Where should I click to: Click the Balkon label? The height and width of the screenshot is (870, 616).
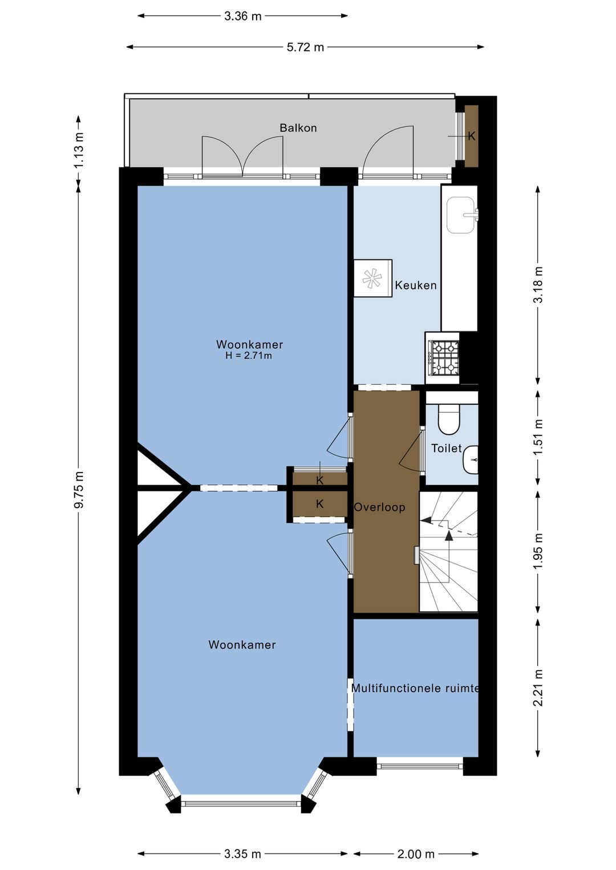298,128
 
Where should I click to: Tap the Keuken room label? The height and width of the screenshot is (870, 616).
415,285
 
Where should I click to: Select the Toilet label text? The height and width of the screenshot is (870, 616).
446,448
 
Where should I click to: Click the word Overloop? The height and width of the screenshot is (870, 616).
379,507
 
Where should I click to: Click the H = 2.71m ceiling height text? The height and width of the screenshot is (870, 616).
249,355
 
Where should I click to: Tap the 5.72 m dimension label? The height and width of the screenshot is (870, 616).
305,47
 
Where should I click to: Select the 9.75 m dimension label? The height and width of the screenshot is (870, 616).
79,490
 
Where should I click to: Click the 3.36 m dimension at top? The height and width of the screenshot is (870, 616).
243,16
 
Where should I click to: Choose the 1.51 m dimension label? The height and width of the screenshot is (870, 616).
538,438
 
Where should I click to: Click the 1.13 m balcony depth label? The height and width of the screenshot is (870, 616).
79,151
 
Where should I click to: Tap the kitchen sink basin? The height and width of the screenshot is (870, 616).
460,215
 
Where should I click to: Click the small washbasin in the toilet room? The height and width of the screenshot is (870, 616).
471,460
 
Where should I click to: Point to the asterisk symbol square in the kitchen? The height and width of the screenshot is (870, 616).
372,278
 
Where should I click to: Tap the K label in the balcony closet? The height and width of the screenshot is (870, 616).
472,136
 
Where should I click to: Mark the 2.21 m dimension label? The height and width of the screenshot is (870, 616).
538,688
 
